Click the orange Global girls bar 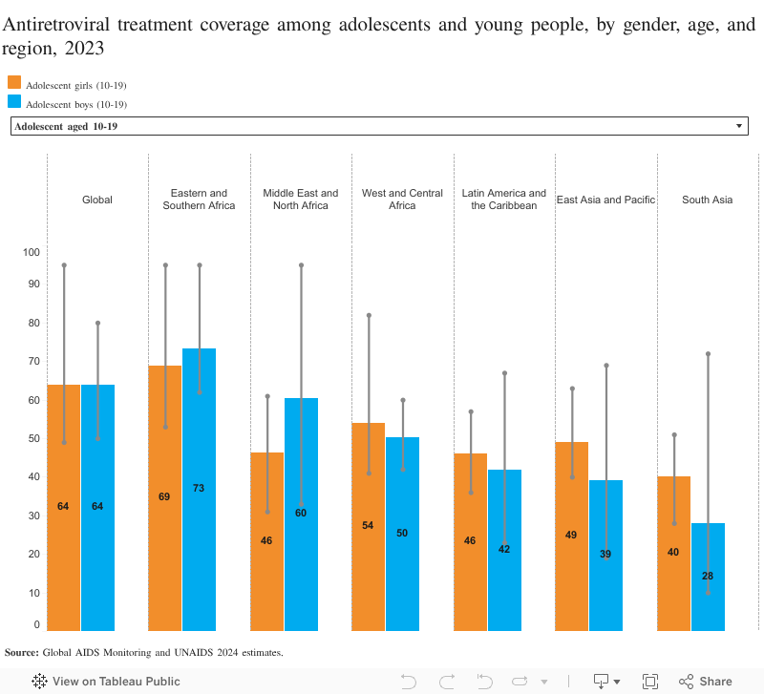click(63, 554)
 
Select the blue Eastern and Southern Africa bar click(199, 554)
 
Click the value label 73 click(199, 488)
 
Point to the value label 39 click(605, 554)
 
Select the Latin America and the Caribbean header click(504, 199)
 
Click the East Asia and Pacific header click(605, 200)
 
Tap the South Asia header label click(707, 200)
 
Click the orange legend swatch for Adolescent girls click(14, 83)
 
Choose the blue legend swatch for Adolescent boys click(14, 102)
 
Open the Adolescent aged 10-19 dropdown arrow click(739, 126)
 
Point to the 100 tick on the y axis click(32, 252)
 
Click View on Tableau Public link click(105, 682)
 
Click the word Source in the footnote click(20, 652)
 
